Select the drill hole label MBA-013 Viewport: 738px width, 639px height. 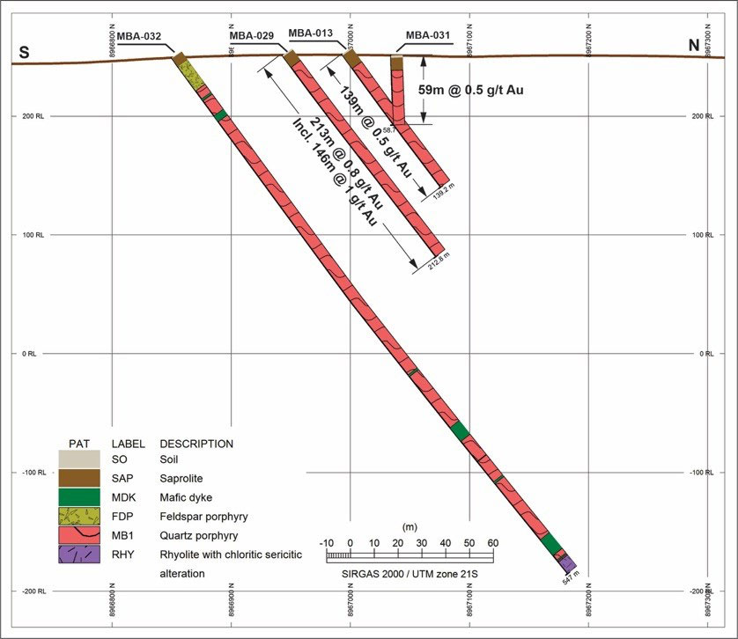click(311, 33)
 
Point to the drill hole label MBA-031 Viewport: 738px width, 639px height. click(428, 36)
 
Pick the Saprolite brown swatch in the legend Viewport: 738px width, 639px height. click(79, 477)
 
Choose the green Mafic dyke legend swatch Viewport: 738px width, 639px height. click(79, 496)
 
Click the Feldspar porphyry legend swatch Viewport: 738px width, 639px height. click(79, 514)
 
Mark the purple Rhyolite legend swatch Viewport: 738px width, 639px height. click(79, 555)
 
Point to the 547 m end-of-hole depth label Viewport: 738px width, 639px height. click(572, 581)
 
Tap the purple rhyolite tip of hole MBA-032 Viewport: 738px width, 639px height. click(569, 564)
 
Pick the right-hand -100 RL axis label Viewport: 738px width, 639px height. click(706, 473)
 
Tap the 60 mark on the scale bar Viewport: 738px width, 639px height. click(492, 542)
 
